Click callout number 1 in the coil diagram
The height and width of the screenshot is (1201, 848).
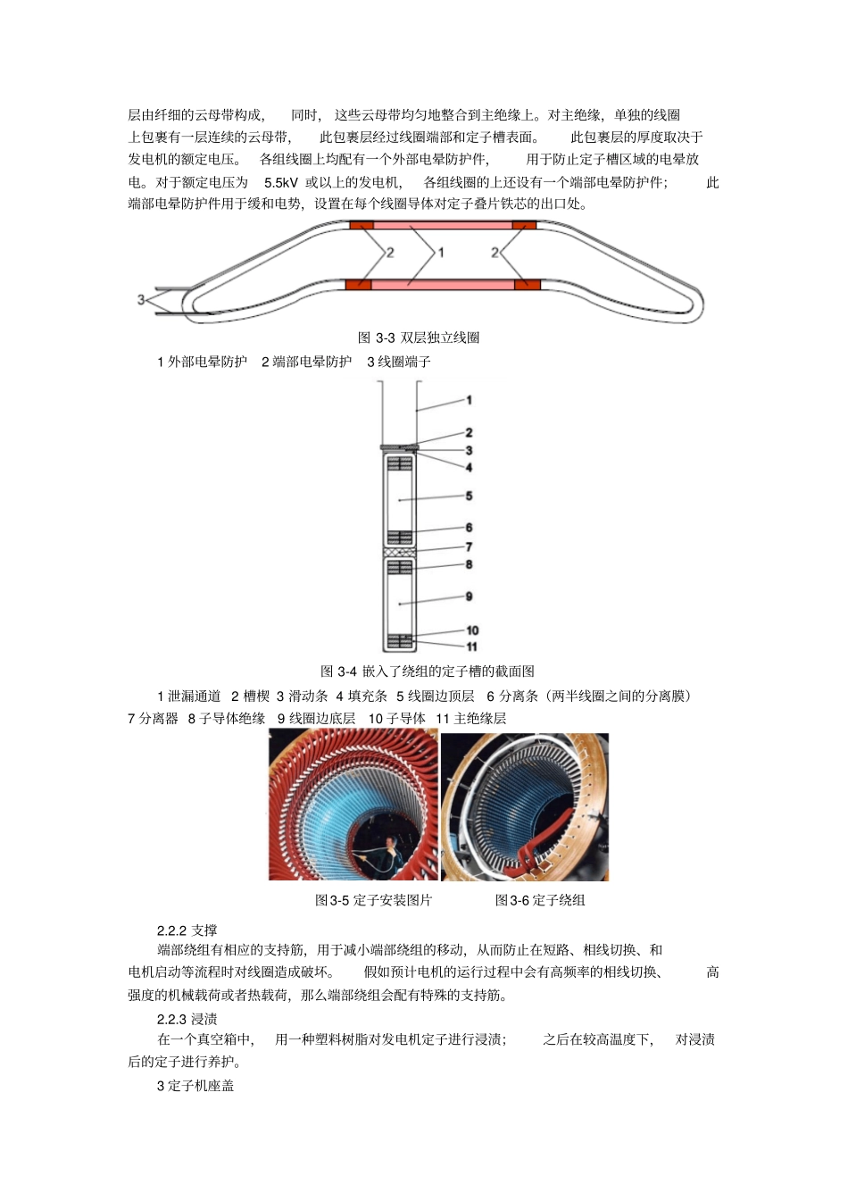pyautogui.click(x=440, y=253)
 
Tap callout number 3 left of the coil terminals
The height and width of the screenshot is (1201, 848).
pyautogui.click(x=141, y=299)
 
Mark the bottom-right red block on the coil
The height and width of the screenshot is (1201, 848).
pyautogui.click(x=527, y=284)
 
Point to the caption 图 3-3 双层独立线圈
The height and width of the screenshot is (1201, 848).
pyautogui.click(x=419, y=338)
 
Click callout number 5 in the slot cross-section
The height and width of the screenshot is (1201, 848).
pyautogui.click(x=469, y=496)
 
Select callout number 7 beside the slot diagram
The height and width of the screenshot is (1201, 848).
pyautogui.click(x=469, y=546)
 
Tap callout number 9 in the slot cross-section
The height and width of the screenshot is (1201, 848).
pyautogui.click(x=469, y=596)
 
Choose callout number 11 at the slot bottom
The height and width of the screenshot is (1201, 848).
pyautogui.click(x=471, y=646)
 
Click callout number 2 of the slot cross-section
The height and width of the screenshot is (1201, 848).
pyautogui.click(x=469, y=433)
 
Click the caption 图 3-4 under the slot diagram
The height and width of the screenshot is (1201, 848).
pyautogui.click(x=428, y=671)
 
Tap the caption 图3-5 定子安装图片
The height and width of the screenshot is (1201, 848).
pyautogui.click(x=373, y=900)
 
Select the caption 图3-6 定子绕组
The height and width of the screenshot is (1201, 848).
pyautogui.click(x=540, y=900)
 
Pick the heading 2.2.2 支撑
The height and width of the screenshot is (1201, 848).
pyautogui.click(x=187, y=930)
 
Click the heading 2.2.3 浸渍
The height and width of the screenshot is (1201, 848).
pyautogui.click(x=187, y=1019)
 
